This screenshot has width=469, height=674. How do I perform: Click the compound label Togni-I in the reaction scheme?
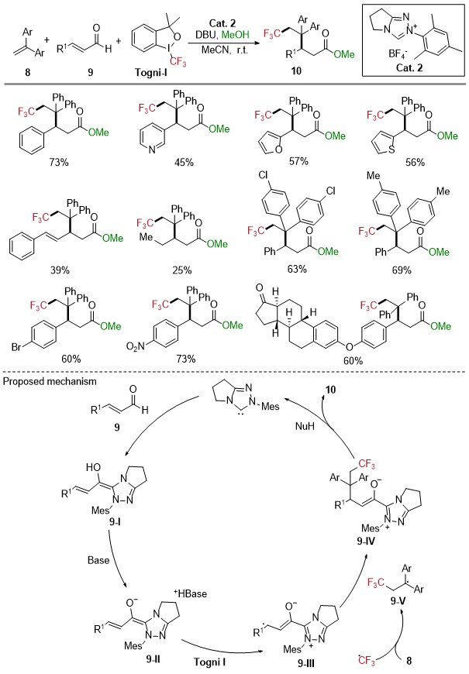(x=150, y=72)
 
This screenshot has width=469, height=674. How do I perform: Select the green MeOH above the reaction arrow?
(x=236, y=35)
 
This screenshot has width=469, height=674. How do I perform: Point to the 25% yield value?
(x=182, y=270)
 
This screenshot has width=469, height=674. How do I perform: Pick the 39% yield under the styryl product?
(x=60, y=270)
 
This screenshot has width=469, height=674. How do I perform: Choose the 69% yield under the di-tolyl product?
(x=402, y=270)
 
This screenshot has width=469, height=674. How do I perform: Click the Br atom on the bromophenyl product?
(x=16, y=347)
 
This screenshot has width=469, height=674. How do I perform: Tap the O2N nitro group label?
(x=134, y=346)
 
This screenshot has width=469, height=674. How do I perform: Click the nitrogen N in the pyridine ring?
(x=152, y=150)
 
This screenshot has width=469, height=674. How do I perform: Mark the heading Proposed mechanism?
(x=50, y=381)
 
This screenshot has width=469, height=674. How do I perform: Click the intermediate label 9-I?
(x=116, y=521)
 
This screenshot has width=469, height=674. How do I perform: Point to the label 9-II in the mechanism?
(x=152, y=659)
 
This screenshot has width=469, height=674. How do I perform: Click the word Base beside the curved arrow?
(x=98, y=560)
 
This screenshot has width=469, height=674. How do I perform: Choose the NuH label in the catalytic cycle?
(x=305, y=426)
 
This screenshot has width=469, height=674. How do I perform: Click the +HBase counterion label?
(x=190, y=593)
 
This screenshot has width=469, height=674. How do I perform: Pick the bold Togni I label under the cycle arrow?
(x=209, y=662)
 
